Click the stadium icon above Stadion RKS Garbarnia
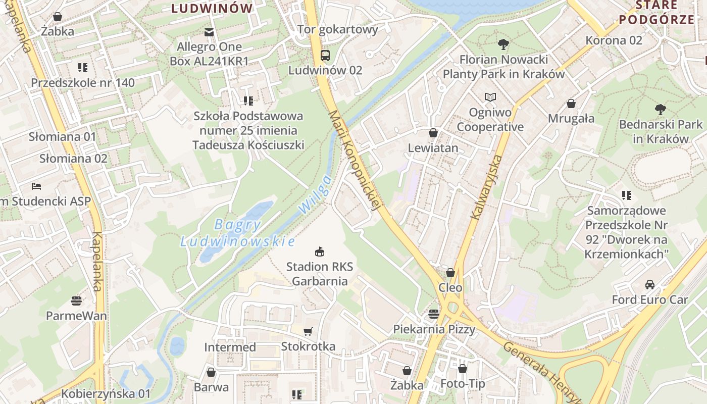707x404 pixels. [x=319, y=251]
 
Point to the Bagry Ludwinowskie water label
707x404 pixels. [x=237, y=233]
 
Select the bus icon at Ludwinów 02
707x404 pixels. [x=325, y=56]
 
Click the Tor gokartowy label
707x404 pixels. [x=338, y=29]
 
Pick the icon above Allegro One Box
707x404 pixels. [x=209, y=33]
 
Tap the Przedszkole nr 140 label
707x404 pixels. [x=83, y=82]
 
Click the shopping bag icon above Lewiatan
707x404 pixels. [x=433, y=133]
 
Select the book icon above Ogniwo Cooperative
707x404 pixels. [x=490, y=97]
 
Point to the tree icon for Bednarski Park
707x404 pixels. [x=660, y=109]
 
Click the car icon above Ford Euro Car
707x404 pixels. [x=650, y=284]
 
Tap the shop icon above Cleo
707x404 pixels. [x=450, y=273]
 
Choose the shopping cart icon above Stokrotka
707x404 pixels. [x=308, y=332]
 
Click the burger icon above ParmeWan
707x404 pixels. [x=76, y=301]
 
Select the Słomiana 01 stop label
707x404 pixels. [x=62, y=136]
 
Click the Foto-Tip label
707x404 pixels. [x=463, y=384]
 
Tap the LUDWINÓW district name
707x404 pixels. [x=212, y=8]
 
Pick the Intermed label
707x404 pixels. [x=230, y=347]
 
